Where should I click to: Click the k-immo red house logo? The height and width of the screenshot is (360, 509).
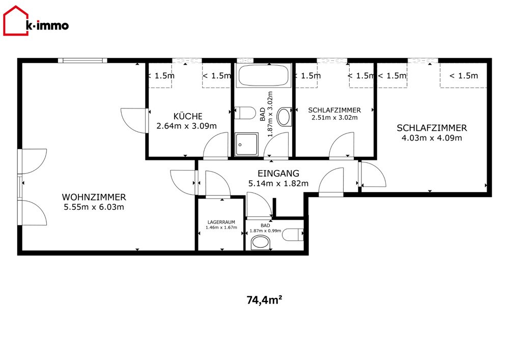click(x=16, y=21)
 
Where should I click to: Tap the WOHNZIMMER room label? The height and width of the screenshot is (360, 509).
click(x=94, y=197)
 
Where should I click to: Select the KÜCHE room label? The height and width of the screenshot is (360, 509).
click(x=188, y=116)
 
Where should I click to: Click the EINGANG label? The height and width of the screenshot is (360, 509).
click(x=278, y=173)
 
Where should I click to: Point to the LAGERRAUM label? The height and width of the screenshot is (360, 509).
click(x=221, y=222)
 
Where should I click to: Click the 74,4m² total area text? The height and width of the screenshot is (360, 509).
click(x=264, y=299)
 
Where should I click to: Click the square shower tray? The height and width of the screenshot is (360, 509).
click(x=247, y=144)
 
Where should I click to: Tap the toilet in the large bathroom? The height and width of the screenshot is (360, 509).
click(x=245, y=113)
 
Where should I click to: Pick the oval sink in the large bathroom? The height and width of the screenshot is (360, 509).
click(x=285, y=117)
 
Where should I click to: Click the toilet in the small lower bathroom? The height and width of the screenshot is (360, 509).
click(x=293, y=235)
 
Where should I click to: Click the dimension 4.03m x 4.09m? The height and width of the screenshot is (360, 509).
click(x=432, y=138)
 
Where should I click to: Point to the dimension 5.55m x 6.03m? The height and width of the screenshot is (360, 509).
click(x=94, y=207)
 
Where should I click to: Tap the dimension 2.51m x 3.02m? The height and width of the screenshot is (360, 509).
click(x=334, y=118)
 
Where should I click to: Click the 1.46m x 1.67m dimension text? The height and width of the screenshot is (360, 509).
click(x=221, y=227)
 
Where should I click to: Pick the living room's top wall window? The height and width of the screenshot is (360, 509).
click(x=82, y=61)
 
